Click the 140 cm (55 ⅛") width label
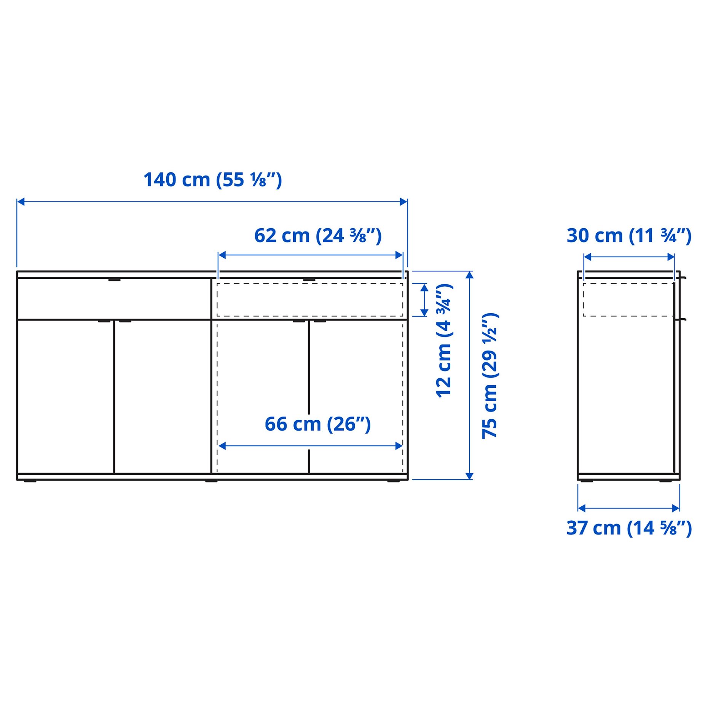coord(212,180)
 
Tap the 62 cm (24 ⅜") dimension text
coord(317,236)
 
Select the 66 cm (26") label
coord(317,424)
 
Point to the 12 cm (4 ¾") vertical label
coord(444,341)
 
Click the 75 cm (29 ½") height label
coord(490,376)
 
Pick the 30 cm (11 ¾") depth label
coord(629,236)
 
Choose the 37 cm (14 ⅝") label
coord(629,528)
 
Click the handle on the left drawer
coord(114,280)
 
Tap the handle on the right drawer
coord(309,280)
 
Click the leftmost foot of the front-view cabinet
coord(30,481)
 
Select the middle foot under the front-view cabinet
coord(211,481)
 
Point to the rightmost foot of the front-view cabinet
coord(394,481)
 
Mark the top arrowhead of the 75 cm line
coord(469,275)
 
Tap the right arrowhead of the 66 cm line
coord(399,446)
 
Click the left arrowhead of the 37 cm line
coord(582,508)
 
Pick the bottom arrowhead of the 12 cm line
coord(424,313)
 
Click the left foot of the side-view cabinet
coord(587,481)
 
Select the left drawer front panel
coord(114,299)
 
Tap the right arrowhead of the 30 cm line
coord(671,257)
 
